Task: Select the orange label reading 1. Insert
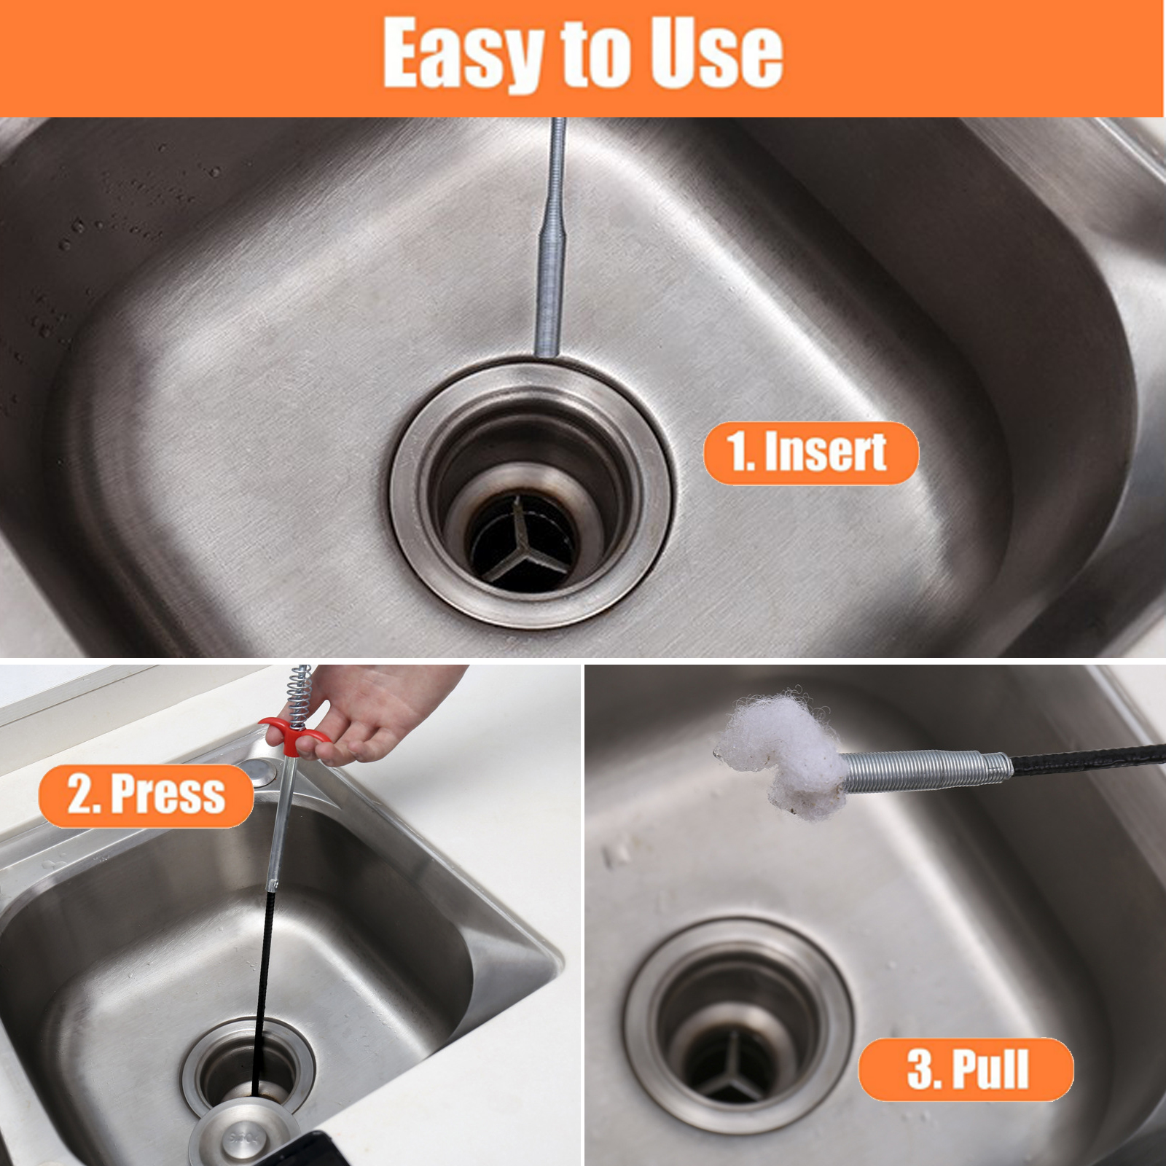[x=810, y=453]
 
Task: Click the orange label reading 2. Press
[x=146, y=795]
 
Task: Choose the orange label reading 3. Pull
[x=966, y=1069]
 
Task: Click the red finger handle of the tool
[x=294, y=732]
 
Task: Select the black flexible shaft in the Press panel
[x=262, y=991]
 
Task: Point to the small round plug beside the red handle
[x=254, y=770]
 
